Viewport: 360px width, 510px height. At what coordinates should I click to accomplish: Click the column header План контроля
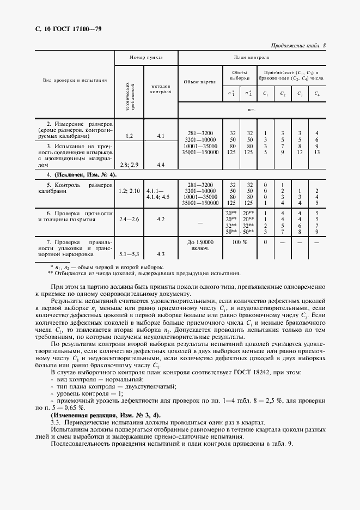[251, 57]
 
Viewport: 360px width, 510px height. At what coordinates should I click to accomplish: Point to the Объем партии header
[199, 82]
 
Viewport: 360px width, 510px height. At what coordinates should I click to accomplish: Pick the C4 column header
[316, 94]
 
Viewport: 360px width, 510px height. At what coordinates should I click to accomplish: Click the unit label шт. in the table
[251, 110]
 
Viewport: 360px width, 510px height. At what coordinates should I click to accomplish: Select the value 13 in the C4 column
[316, 152]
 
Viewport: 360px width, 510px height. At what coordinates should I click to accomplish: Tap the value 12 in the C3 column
[299, 152]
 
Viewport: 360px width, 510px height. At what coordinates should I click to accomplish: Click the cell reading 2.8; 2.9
[130, 165]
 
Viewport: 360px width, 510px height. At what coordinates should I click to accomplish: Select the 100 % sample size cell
[241, 241]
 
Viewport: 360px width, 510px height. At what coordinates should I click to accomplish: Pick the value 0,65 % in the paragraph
[74, 408]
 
